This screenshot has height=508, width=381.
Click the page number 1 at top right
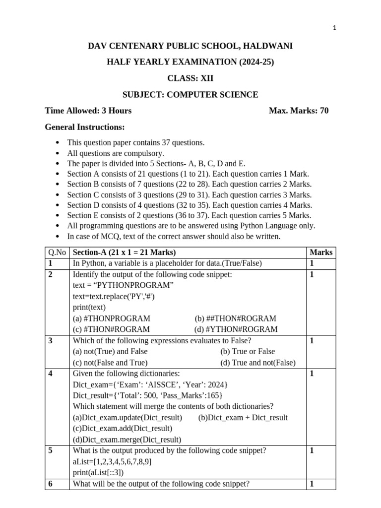[x=335, y=28]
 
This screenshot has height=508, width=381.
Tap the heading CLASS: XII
[x=190, y=78]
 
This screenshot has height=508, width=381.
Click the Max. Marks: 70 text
[x=298, y=110]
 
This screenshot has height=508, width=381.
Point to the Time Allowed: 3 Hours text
[x=88, y=110]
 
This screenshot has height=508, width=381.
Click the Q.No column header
[x=58, y=252]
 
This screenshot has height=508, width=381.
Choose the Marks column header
[x=320, y=252]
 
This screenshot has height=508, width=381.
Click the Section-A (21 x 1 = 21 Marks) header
[x=124, y=252]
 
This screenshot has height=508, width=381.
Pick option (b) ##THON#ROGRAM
[x=236, y=318]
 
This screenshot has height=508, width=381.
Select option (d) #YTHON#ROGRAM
[x=236, y=329]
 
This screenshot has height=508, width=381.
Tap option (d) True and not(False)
[x=258, y=362]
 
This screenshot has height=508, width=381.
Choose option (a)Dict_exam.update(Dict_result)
[x=127, y=417]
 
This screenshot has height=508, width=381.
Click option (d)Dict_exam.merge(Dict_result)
[x=127, y=440]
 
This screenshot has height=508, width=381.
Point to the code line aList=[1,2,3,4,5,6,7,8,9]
[x=112, y=461]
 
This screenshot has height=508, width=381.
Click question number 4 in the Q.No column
[x=51, y=374]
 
